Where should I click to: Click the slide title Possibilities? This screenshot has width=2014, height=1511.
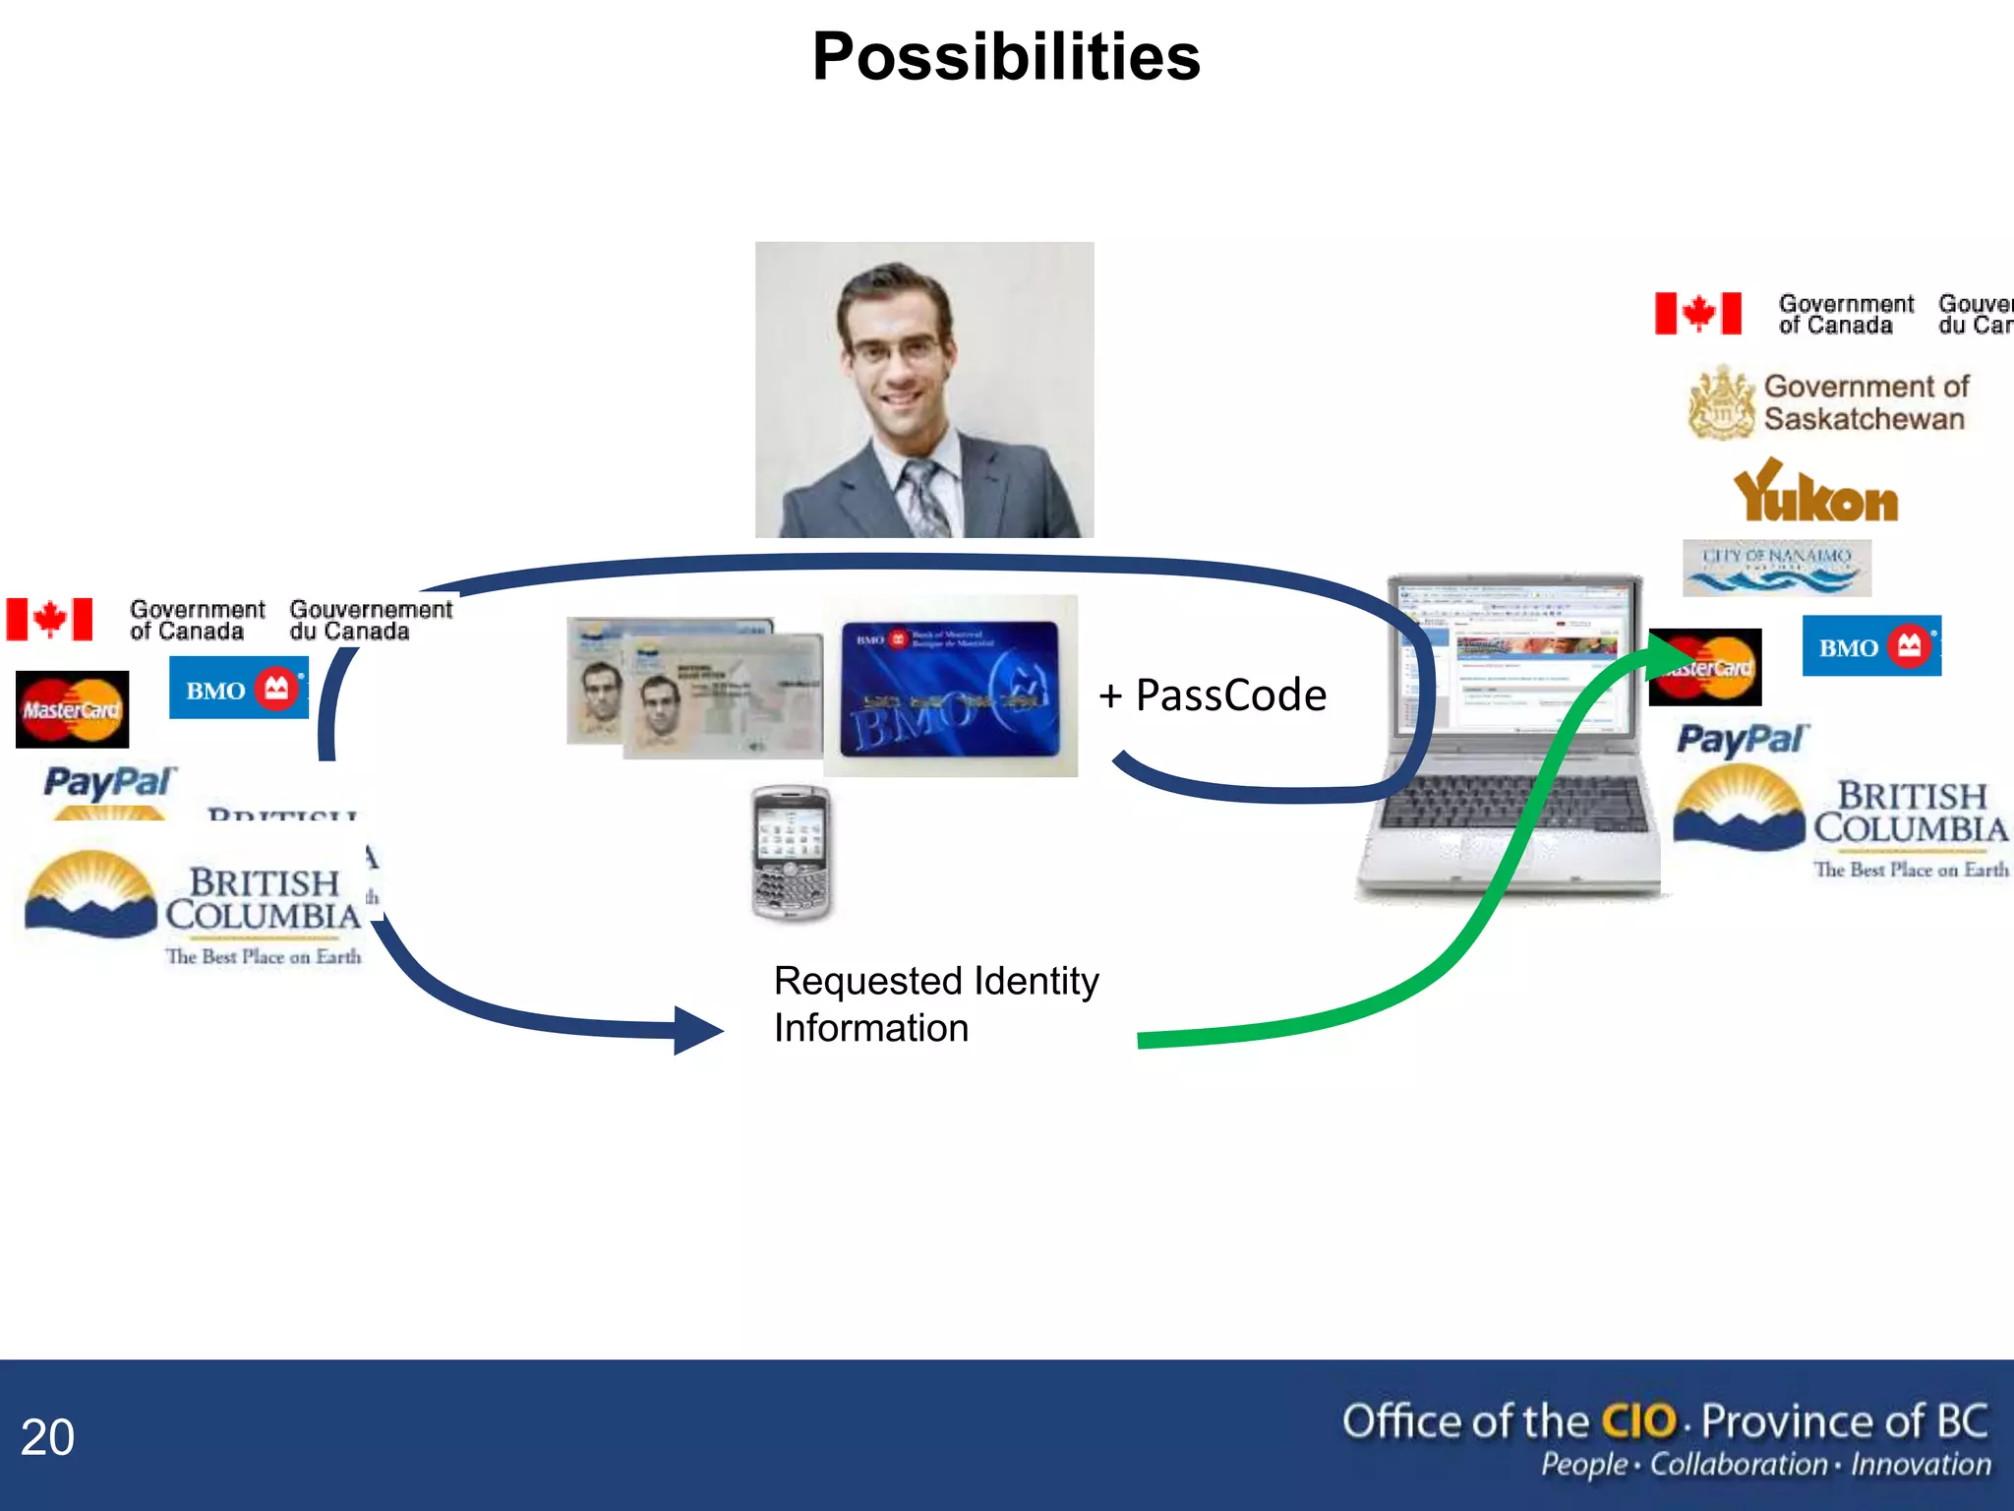1006,57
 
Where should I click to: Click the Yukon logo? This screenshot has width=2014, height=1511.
1815,493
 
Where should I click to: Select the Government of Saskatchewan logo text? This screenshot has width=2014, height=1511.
1865,402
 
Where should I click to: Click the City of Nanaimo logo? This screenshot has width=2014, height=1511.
1776,568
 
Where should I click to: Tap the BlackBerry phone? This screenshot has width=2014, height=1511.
791,853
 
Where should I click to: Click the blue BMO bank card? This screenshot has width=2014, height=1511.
950,688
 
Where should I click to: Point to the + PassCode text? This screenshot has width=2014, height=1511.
1214,695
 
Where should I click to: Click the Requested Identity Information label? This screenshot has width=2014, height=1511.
935,1004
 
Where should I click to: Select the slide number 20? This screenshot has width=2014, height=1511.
47,1437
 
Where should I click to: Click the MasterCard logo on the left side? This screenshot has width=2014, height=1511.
72,709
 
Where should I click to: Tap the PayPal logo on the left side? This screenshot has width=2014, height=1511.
109,783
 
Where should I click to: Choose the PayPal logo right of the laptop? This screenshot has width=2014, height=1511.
1742,740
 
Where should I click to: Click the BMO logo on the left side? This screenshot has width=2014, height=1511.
239,689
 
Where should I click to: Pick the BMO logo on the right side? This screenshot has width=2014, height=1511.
1870,646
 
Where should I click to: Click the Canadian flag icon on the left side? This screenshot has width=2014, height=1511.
49,620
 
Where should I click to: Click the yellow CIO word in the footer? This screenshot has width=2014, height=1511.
1638,1421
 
